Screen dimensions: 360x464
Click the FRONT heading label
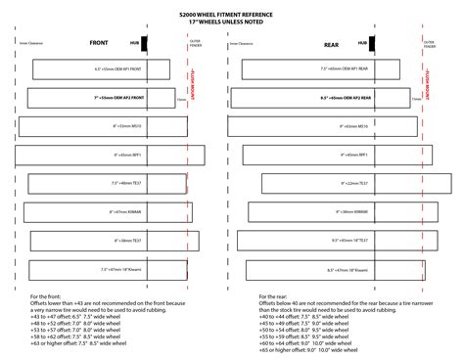point(98,43)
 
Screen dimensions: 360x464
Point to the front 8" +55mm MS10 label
point(127,126)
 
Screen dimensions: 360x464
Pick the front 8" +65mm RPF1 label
point(129,155)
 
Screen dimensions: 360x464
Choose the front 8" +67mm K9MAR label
point(127,211)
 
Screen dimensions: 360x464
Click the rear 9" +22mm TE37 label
point(354,183)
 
